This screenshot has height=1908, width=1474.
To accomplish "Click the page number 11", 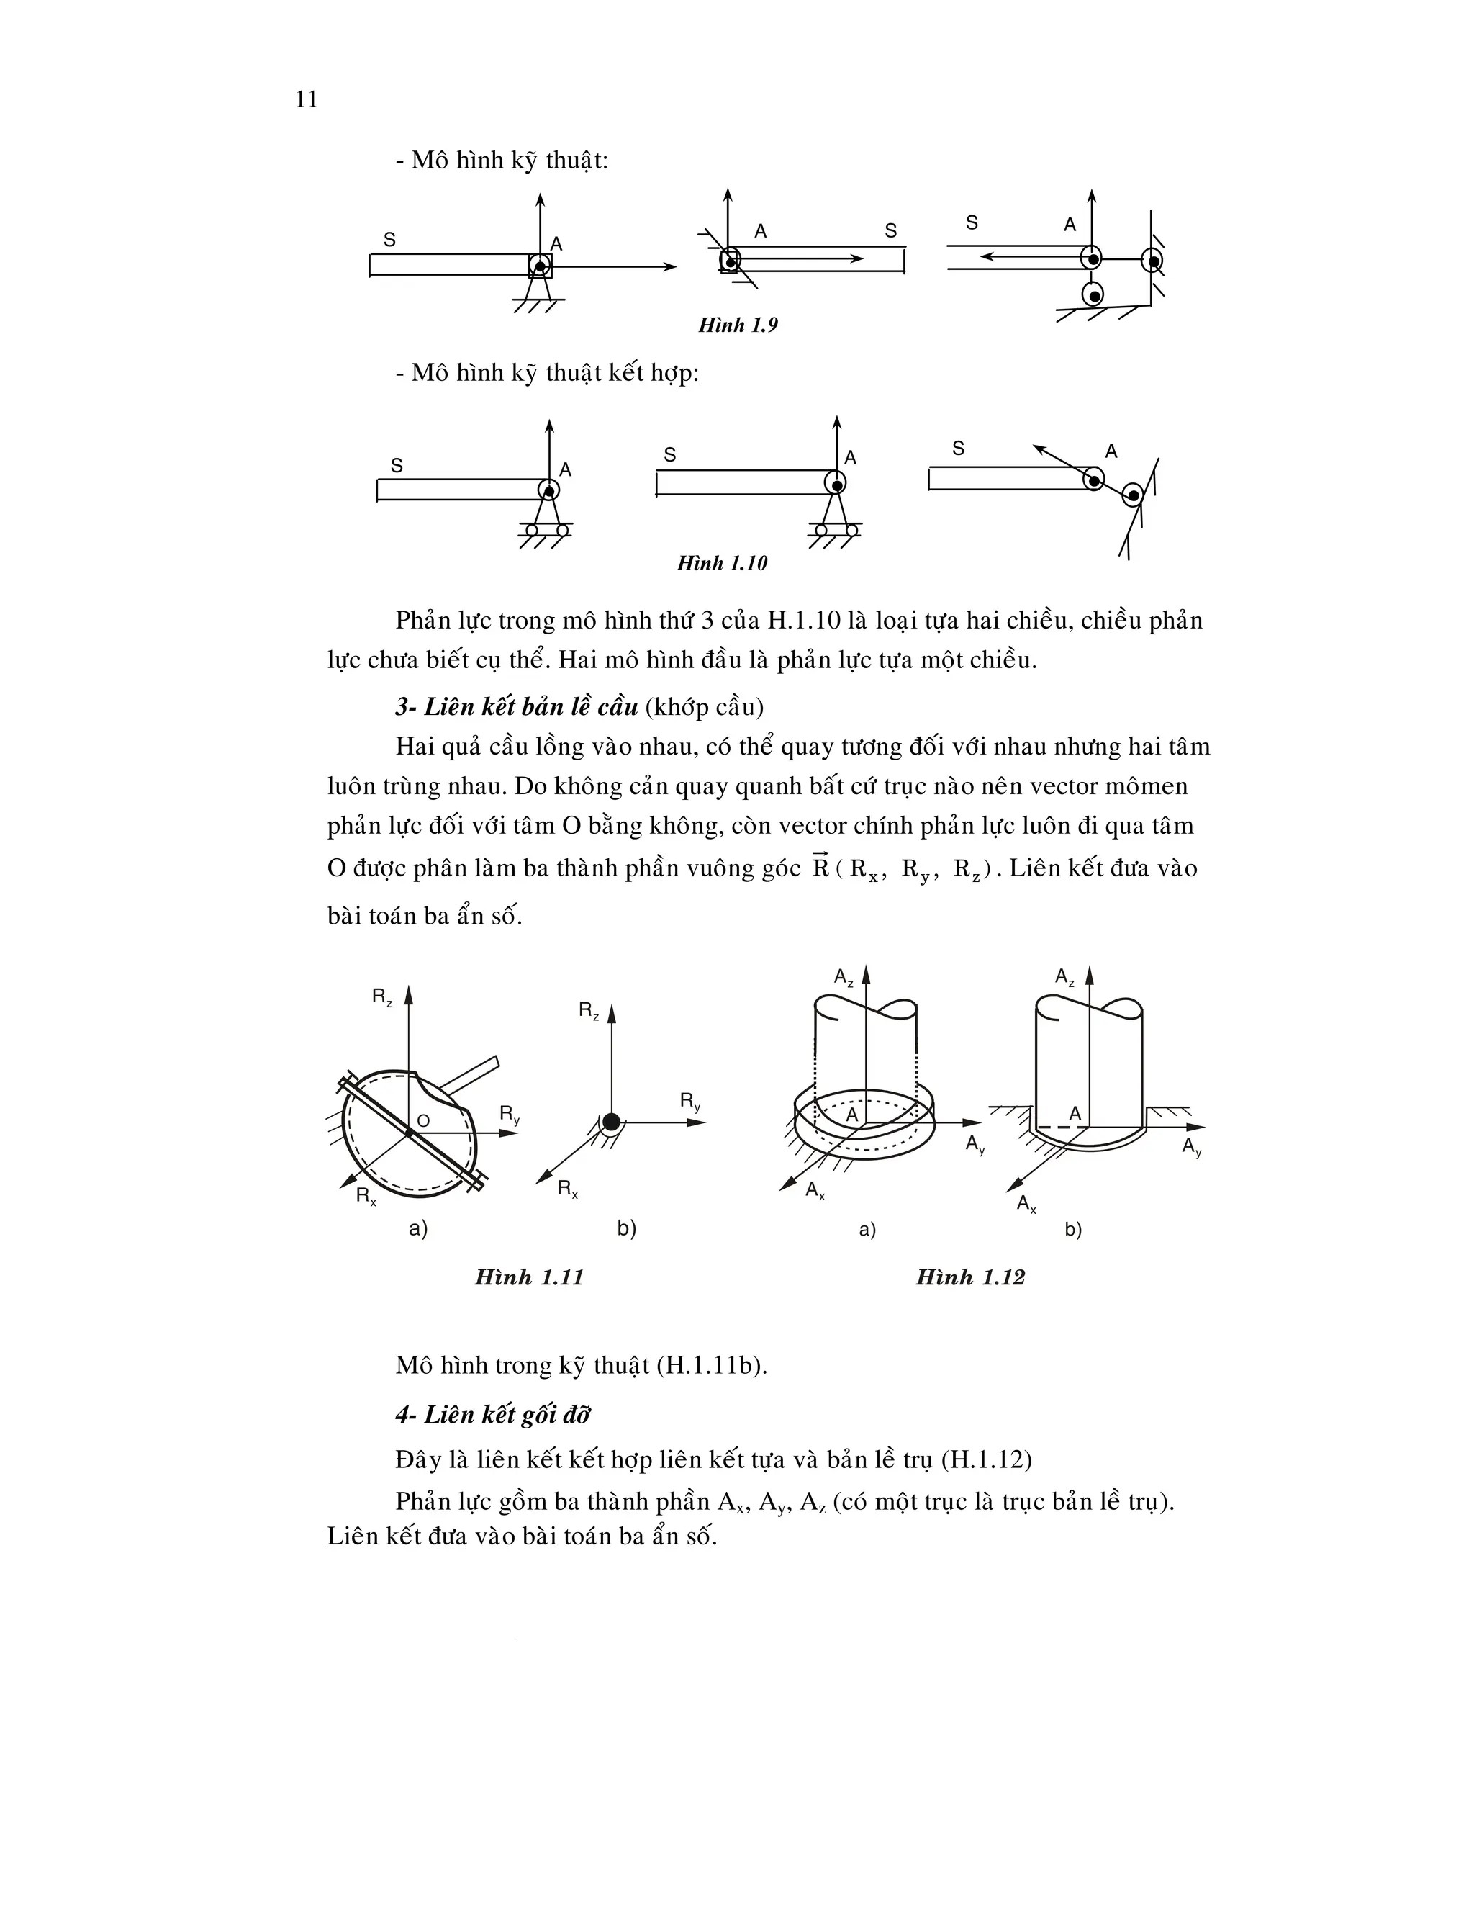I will [x=307, y=99].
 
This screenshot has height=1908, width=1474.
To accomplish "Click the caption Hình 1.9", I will [x=738, y=325].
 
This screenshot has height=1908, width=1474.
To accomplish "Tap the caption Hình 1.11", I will [x=528, y=1277].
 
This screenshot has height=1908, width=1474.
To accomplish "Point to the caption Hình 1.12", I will [x=969, y=1277].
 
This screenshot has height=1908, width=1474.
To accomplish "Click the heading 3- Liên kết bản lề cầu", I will [x=517, y=707].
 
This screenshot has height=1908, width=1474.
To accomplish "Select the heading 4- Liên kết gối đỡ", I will [x=493, y=1416].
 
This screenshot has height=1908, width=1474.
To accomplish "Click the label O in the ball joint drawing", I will [x=423, y=1121].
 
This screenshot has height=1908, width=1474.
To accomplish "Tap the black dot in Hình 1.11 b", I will [x=611, y=1122].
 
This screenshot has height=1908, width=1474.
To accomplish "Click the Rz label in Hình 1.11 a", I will [x=382, y=996].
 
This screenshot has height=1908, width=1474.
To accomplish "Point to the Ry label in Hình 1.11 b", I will [x=689, y=1102].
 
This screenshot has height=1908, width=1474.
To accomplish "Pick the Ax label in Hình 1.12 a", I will [x=815, y=1192].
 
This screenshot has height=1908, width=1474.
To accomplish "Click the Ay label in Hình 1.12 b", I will [x=1192, y=1147].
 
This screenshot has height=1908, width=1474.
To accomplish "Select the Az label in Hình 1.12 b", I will [x=1064, y=978].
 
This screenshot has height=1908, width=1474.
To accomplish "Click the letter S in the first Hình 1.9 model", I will [x=389, y=239].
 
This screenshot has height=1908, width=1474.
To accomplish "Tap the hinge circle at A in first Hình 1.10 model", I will [x=548, y=490].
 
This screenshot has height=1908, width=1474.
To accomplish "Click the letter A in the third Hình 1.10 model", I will [x=1111, y=451].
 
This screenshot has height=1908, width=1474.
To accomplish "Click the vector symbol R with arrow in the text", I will [x=820, y=867].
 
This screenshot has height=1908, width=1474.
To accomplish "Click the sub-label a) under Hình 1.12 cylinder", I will [x=867, y=1230].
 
